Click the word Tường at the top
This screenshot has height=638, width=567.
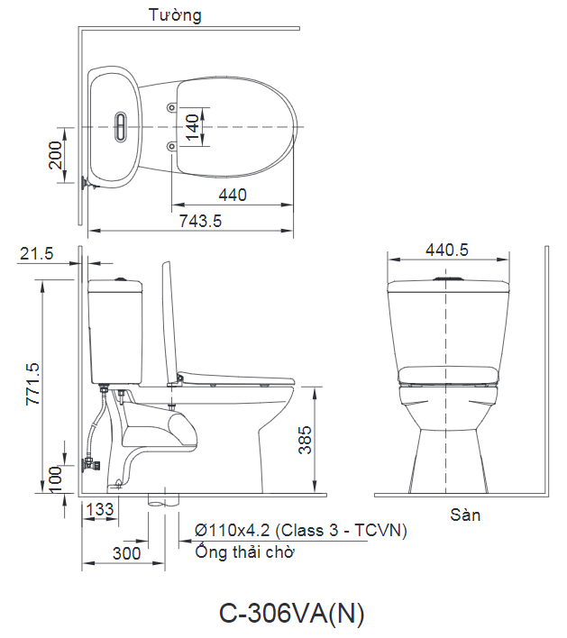coord(175,15)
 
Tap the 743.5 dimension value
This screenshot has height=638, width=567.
coord(201,221)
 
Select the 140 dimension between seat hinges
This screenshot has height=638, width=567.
coord(193,127)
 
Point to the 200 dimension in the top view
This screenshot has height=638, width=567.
coord(55,155)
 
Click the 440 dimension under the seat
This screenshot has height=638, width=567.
coord(233,195)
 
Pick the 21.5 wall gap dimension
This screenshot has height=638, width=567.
coord(37,253)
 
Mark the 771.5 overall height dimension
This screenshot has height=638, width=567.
coord(33,384)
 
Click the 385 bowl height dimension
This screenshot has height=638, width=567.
coord(305,440)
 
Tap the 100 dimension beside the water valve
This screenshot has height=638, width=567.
coord(55,479)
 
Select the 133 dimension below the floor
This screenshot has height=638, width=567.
coord(100,509)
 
